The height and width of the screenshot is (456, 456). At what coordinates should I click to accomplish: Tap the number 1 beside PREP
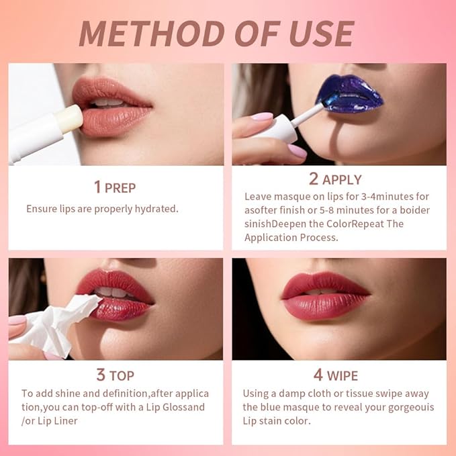pyautogui.click(x=97, y=187)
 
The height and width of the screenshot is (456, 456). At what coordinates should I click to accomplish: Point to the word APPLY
pyautogui.click(x=342, y=180)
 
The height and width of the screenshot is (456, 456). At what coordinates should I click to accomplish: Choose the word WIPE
pyautogui.click(x=343, y=375)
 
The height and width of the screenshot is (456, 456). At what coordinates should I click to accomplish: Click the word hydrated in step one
pyautogui.click(x=156, y=209)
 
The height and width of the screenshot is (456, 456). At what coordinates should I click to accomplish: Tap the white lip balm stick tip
pyautogui.click(x=69, y=118)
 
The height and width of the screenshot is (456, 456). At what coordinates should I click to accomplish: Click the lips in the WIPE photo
pyautogui.click(x=325, y=296)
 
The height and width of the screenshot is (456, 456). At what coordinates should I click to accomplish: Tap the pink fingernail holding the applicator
pyautogui.click(x=261, y=117)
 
